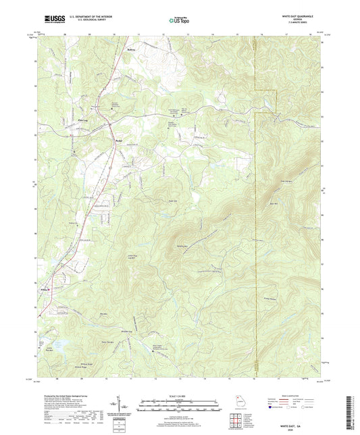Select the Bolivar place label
tap(132, 49)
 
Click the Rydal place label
tap(119, 140)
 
